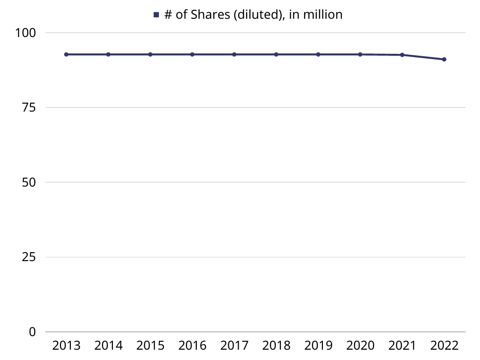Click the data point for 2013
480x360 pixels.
(67, 54)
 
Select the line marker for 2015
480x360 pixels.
(150, 54)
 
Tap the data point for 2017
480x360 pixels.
(234, 54)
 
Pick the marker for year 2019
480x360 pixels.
(318, 54)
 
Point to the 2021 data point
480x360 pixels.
(402, 55)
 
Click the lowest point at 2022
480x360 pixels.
(444, 59)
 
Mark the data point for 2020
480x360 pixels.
(360, 54)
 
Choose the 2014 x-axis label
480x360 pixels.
(108, 346)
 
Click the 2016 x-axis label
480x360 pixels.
(192, 346)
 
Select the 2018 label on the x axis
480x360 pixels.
(276, 346)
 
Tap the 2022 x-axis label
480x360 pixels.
(444, 346)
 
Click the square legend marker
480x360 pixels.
(157, 15)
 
